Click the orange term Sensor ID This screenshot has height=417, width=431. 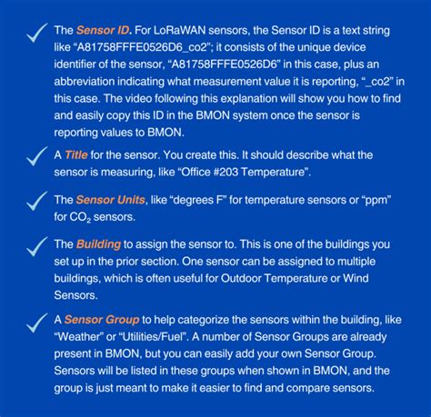(103, 30)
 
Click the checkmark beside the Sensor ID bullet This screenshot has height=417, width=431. (36, 34)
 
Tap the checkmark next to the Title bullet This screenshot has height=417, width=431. (36, 158)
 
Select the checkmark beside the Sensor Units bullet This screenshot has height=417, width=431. (36, 204)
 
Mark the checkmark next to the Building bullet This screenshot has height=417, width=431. (36, 248)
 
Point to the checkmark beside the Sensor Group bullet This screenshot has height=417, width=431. (36, 323)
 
